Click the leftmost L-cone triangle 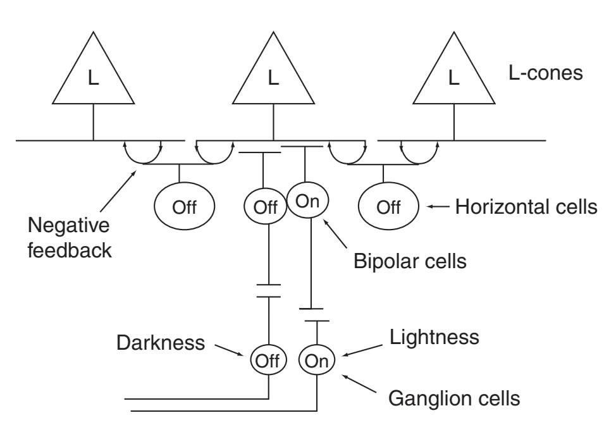click(93, 75)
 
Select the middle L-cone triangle click(273, 75)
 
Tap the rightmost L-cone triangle click(453, 75)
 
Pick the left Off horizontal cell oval click(185, 207)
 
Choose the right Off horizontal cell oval click(388, 207)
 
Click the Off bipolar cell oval click(265, 207)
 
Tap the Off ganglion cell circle click(269, 361)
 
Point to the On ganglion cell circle click(314, 361)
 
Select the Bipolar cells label click(410, 260)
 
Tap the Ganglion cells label click(454, 398)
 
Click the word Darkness click(161, 343)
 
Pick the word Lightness click(434, 337)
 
